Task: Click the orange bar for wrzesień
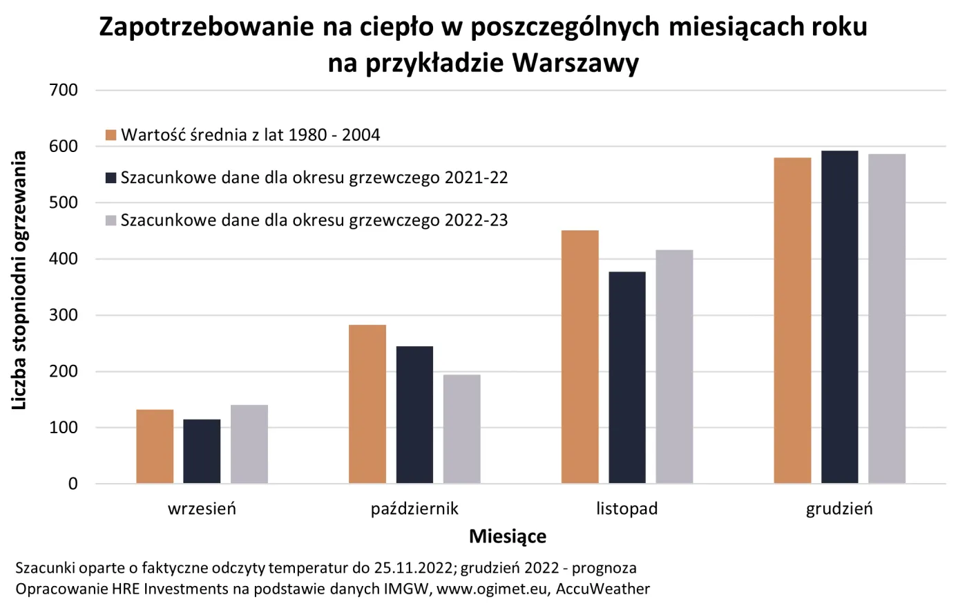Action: [155, 446]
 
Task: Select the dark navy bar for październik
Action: [414, 415]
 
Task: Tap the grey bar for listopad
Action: [674, 366]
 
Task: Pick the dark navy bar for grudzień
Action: [839, 317]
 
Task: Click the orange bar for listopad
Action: [580, 357]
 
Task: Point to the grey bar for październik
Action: [461, 428]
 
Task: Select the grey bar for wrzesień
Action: [249, 444]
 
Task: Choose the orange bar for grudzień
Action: [792, 321]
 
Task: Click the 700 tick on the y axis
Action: [64, 91]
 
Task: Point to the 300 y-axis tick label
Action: [64, 315]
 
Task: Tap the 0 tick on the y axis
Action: [73, 484]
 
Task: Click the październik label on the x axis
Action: [414, 509]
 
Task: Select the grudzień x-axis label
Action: [839, 509]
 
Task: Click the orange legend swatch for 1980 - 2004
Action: [111, 135]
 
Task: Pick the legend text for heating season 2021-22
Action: [314, 178]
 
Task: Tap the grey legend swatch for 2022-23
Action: [111, 220]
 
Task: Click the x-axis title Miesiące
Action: [508, 536]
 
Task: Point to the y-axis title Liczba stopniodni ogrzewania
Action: [19, 280]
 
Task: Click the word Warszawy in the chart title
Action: [575, 63]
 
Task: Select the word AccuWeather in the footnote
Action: [602, 589]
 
